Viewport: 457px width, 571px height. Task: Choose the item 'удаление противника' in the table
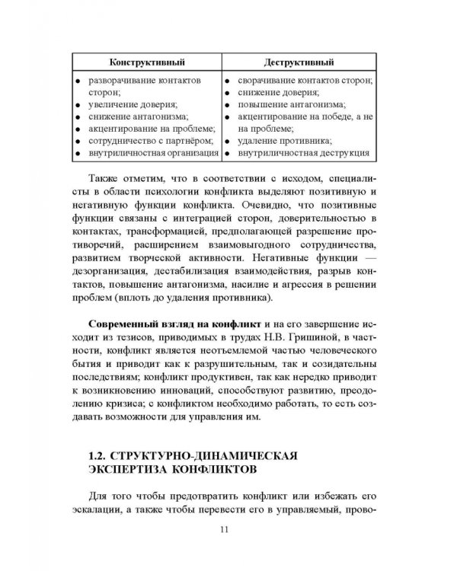[x=284, y=141]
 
